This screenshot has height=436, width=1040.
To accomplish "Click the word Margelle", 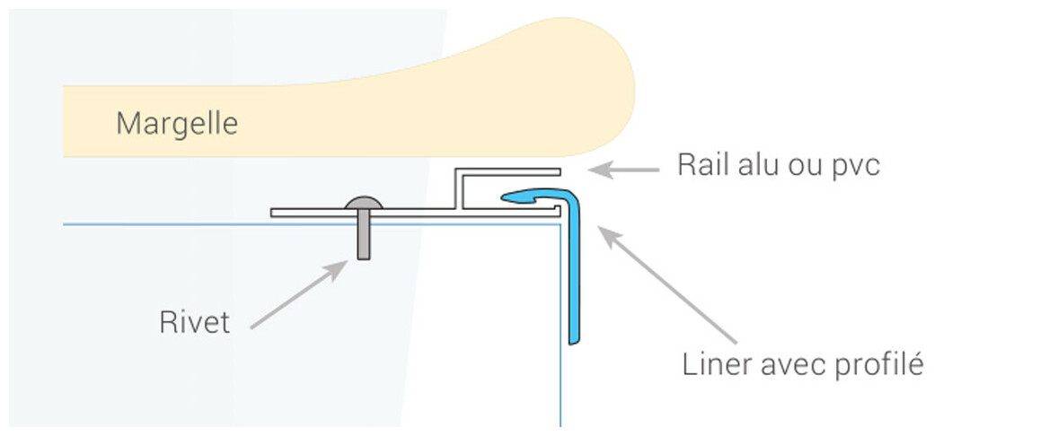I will [177, 123].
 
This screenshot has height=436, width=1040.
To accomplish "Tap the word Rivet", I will [195, 322].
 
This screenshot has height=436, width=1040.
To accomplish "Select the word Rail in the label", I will [699, 166].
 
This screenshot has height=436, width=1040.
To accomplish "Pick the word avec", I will [792, 366].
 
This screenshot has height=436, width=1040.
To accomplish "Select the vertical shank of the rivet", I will [363, 238].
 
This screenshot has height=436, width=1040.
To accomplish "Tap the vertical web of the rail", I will [458, 189].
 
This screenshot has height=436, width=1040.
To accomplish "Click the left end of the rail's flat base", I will [275, 213].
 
